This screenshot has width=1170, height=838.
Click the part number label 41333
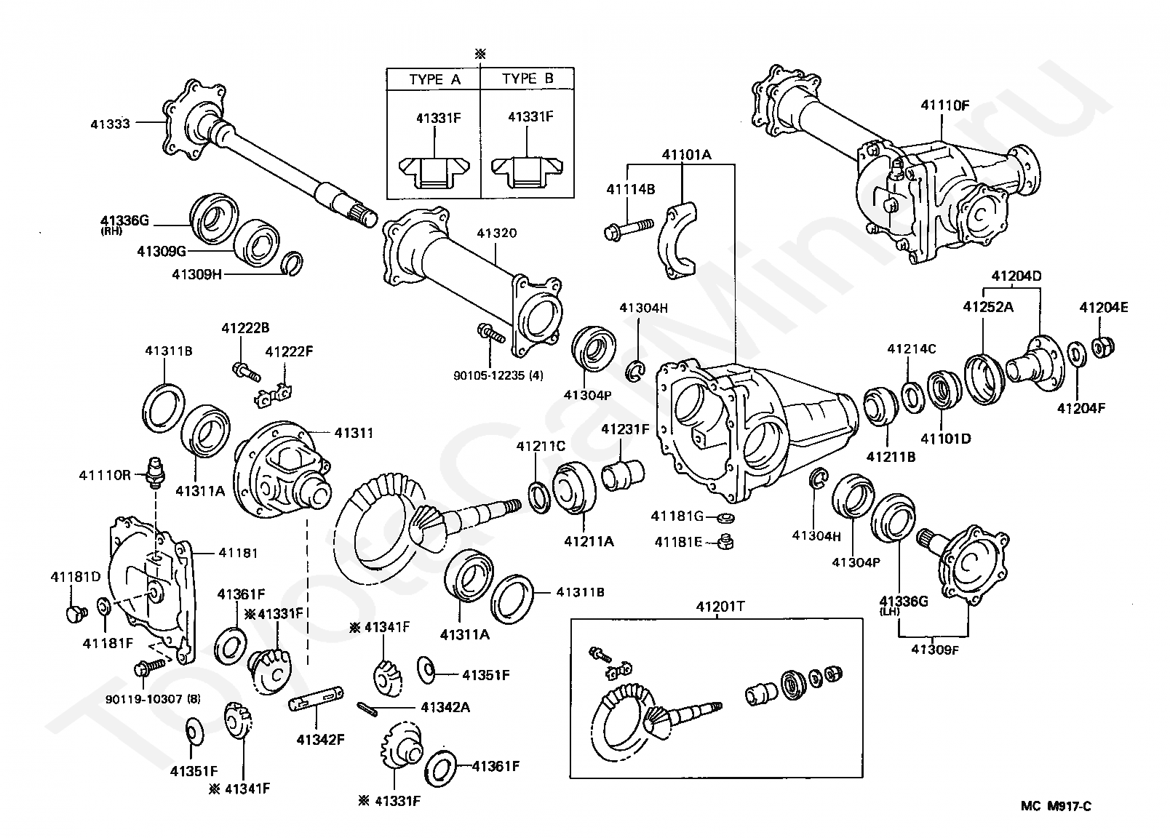click(x=110, y=124)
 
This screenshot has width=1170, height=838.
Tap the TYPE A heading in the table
click(x=434, y=79)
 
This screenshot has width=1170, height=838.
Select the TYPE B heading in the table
click(x=528, y=79)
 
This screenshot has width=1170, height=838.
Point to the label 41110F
click(x=945, y=105)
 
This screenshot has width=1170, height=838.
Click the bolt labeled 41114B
click(x=629, y=229)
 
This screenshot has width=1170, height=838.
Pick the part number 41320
click(x=496, y=233)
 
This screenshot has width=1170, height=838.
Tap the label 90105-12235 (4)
click(x=498, y=375)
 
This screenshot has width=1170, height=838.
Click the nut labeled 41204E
click(x=1103, y=346)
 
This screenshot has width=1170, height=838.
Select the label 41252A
click(x=988, y=307)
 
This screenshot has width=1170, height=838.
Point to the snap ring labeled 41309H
click(x=292, y=263)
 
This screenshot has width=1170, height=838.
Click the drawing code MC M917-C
click(x=1056, y=806)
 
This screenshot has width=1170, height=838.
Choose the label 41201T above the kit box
click(x=720, y=607)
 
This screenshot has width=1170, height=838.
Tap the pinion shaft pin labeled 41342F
click(x=316, y=698)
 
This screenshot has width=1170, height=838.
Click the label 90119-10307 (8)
click(x=153, y=699)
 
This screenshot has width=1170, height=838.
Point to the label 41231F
click(x=625, y=429)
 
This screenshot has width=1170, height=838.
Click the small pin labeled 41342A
click(x=367, y=710)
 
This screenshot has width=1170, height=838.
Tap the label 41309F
click(x=935, y=650)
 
